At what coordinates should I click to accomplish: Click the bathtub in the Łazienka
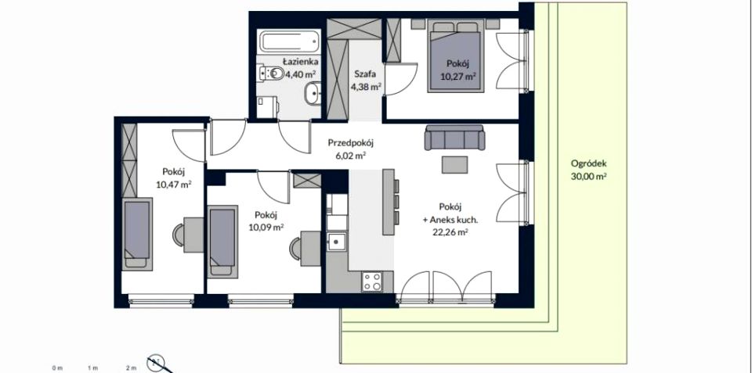pos(290,41)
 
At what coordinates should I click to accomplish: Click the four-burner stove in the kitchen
pos(371,282)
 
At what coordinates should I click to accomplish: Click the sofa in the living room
pos(454,138)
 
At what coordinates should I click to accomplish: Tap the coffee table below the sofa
pos(454,165)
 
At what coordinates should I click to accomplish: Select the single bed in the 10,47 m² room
pos(136,234)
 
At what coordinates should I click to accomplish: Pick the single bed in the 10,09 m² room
pos(222,240)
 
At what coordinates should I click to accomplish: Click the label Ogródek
pos(589,163)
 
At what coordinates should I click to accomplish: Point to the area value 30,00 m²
pos(589,176)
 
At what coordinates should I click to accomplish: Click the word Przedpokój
pos(351,142)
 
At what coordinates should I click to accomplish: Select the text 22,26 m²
pos(450,233)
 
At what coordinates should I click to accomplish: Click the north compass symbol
pos(156,363)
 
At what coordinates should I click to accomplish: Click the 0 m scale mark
pos(57,368)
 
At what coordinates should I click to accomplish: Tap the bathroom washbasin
pos(313,92)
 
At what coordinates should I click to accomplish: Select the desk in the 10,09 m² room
pos(310,249)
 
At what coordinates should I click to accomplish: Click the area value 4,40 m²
pos(300,74)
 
